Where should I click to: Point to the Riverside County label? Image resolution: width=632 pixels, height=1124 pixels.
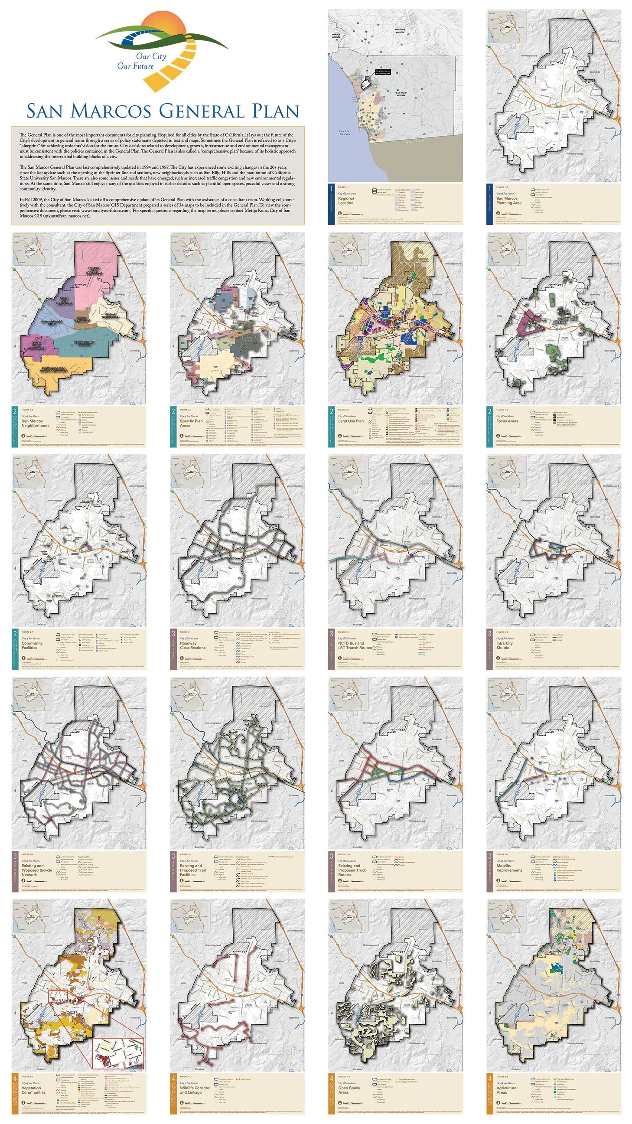[x=400, y=31]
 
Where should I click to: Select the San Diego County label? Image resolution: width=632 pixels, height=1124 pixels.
[x=401, y=94]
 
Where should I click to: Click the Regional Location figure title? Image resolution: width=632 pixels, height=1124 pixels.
[x=345, y=201]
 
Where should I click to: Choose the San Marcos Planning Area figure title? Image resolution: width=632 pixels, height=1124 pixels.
[x=508, y=201]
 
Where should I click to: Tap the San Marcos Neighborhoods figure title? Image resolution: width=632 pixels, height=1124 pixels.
[x=36, y=423]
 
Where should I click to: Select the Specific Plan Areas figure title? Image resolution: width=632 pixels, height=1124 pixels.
[x=191, y=423]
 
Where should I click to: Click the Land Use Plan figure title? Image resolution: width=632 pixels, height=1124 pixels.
[x=351, y=421]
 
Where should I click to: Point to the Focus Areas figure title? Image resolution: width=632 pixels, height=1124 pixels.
[x=507, y=421]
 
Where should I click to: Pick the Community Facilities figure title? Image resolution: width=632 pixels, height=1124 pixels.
[x=33, y=645]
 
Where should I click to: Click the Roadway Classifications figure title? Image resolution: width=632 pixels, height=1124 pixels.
[x=192, y=645]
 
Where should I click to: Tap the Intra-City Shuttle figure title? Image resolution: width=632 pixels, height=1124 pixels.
[x=504, y=645]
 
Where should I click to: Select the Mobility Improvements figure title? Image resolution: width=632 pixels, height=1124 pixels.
[x=509, y=868]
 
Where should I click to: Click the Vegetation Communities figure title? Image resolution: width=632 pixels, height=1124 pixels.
[x=34, y=1090]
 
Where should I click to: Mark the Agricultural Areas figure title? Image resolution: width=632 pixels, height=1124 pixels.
[x=507, y=1090]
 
